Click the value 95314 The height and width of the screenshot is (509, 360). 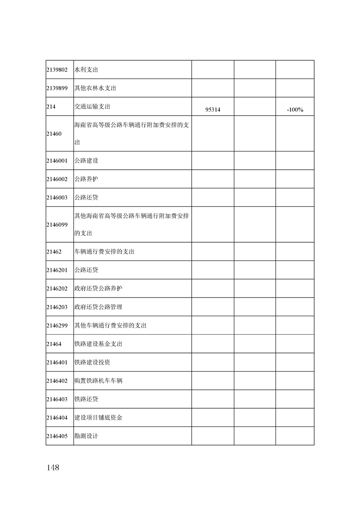[212, 110]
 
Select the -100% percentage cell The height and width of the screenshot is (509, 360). [295, 110]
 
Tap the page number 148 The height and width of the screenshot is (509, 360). [53, 468]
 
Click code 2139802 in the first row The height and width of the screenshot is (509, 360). [57, 70]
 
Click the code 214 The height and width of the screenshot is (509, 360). [51, 107]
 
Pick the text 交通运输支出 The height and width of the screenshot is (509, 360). [92, 107]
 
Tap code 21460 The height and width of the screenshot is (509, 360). [54, 134]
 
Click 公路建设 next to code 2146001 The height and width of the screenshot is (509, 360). [86, 161]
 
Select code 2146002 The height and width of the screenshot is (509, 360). [57, 179]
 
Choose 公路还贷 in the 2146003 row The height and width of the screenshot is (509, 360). [86, 198]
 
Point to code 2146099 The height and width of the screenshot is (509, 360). [57, 225]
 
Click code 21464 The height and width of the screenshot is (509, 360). [54, 344]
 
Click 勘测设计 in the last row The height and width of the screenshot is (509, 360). [86, 436]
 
